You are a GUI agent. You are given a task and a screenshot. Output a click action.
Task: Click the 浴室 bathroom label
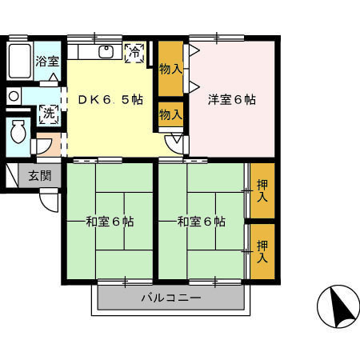point(47,62)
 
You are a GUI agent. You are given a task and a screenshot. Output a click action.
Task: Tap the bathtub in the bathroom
point(20,61)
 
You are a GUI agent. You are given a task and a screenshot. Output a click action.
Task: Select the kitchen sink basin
point(106,52)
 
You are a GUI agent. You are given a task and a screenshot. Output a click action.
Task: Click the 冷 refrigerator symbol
point(135,53)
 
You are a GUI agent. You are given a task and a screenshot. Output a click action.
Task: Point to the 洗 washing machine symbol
point(49,114)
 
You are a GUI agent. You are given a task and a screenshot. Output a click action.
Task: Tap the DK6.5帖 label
point(110,100)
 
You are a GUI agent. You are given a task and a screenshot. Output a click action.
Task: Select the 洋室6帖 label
point(232,100)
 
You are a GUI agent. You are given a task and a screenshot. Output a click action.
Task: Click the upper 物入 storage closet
point(170,69)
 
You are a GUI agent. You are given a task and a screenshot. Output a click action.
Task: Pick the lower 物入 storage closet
point(170,114)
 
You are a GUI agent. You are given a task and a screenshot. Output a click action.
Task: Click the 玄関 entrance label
point(40,176)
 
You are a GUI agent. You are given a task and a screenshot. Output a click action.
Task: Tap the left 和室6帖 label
point(110,222)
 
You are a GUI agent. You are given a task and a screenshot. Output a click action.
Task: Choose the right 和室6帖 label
point(202,222)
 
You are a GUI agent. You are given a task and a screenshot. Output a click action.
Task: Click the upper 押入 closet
point(262,190)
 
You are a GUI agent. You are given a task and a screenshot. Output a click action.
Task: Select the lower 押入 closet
point(262,251)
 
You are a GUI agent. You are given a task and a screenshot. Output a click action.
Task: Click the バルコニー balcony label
point(171,298)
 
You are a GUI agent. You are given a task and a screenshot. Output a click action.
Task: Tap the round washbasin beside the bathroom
point(14,96)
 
